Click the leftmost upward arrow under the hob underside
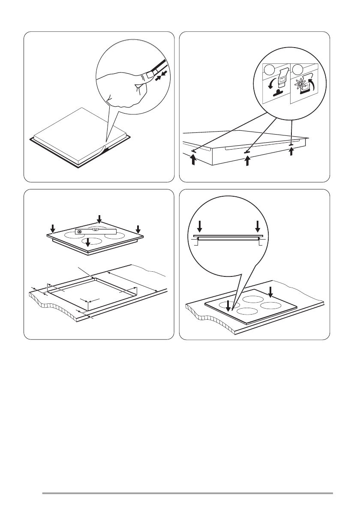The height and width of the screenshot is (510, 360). click(x=194, y=160)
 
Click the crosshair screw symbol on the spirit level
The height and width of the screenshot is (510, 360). click(x=79, y=231)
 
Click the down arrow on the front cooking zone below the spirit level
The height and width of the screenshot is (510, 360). click(x=88, y=243)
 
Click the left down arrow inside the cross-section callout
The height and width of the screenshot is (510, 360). click(x=199, y=226)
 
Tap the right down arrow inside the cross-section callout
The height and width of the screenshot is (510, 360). click(x=258, y=226)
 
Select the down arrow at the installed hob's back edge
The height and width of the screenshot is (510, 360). click(x=270, y=292)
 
